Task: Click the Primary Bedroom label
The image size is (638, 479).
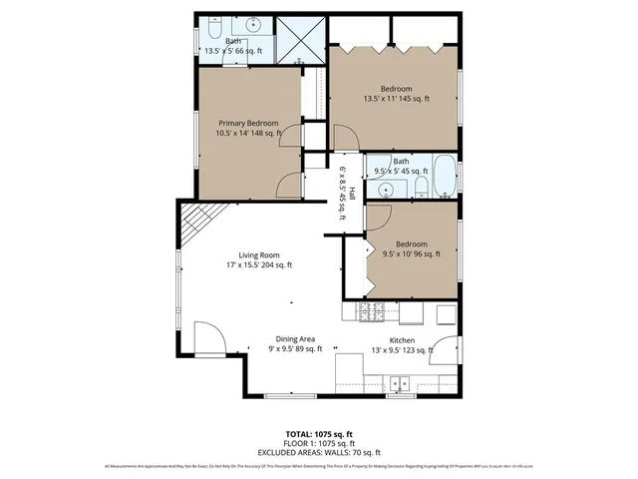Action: [248, 123]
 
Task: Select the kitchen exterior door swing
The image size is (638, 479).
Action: [446, 351]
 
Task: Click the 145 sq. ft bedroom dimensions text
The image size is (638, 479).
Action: [396, 99]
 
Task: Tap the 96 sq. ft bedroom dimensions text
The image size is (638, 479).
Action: [411, 254]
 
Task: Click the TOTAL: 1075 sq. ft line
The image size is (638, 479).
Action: [318, 434]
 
